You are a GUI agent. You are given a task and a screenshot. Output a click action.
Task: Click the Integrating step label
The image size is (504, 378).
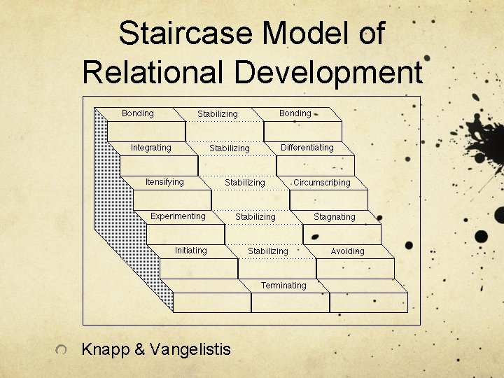click(x=150, y=148)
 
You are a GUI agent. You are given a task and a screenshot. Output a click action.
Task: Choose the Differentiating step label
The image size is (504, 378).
click(x=307, y=148)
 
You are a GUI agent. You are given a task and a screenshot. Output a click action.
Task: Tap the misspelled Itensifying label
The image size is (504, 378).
click(x=164, y=182)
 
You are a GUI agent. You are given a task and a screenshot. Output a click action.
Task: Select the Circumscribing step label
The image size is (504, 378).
click(x=321, y=183)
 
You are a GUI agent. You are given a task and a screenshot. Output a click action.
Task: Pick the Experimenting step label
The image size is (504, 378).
click(x=178, y=216)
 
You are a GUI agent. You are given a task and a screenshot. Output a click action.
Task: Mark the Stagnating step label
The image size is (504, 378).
click(x=334, y=217)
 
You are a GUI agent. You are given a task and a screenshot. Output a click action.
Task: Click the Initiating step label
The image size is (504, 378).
click(x=190, y=251)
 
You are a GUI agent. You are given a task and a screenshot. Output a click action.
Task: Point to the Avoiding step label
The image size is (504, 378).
click(x=347, y=251)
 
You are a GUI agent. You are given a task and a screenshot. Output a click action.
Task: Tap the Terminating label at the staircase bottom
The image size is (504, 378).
click(x=283, y=286)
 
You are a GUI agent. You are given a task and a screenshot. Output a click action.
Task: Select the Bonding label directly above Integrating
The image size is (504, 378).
click(x=137, y=113)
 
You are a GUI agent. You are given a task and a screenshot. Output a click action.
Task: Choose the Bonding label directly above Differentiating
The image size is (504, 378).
click(x=295, y=113)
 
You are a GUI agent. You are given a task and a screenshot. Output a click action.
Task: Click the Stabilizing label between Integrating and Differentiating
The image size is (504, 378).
click(x=229, y=148)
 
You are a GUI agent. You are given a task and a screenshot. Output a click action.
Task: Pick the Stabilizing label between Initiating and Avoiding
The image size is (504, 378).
click(x=267, y=251)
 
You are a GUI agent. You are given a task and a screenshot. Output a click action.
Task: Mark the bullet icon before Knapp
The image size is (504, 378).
click(x=62, y=349)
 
